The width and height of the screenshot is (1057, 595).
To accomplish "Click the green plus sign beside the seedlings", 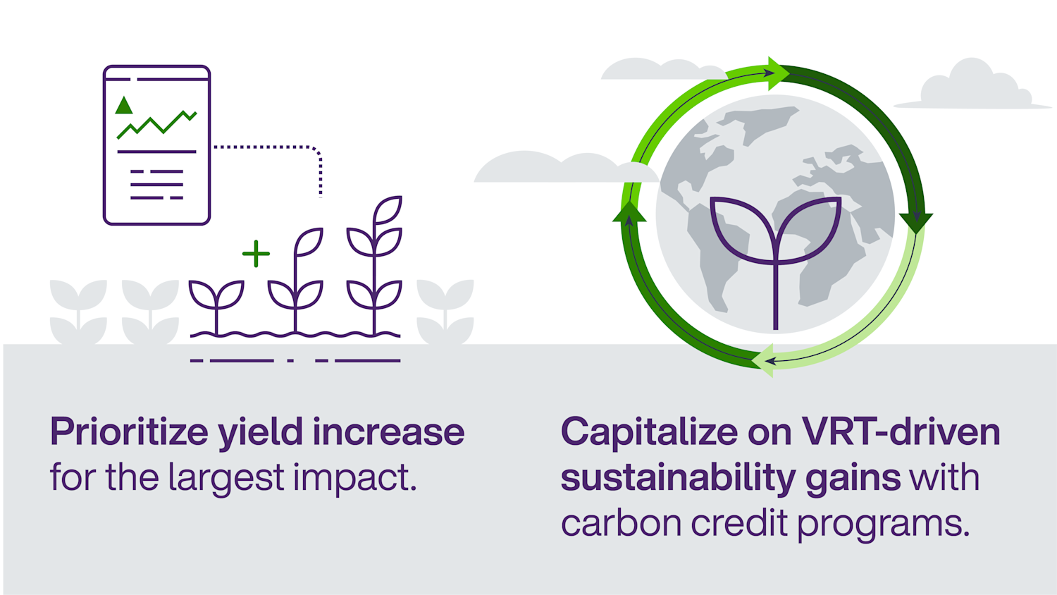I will tap(256, 254).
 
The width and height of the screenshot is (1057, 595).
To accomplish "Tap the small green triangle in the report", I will tap(124, 106).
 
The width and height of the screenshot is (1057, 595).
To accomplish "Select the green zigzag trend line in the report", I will tap(156, 124).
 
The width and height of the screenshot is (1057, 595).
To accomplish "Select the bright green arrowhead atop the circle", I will tap(778, 73).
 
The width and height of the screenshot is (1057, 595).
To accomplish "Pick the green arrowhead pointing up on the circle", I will tap(629, 212).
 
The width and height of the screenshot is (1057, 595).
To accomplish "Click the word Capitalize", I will tap(648, 432).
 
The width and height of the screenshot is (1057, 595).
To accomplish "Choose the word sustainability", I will tap(677, 478).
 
